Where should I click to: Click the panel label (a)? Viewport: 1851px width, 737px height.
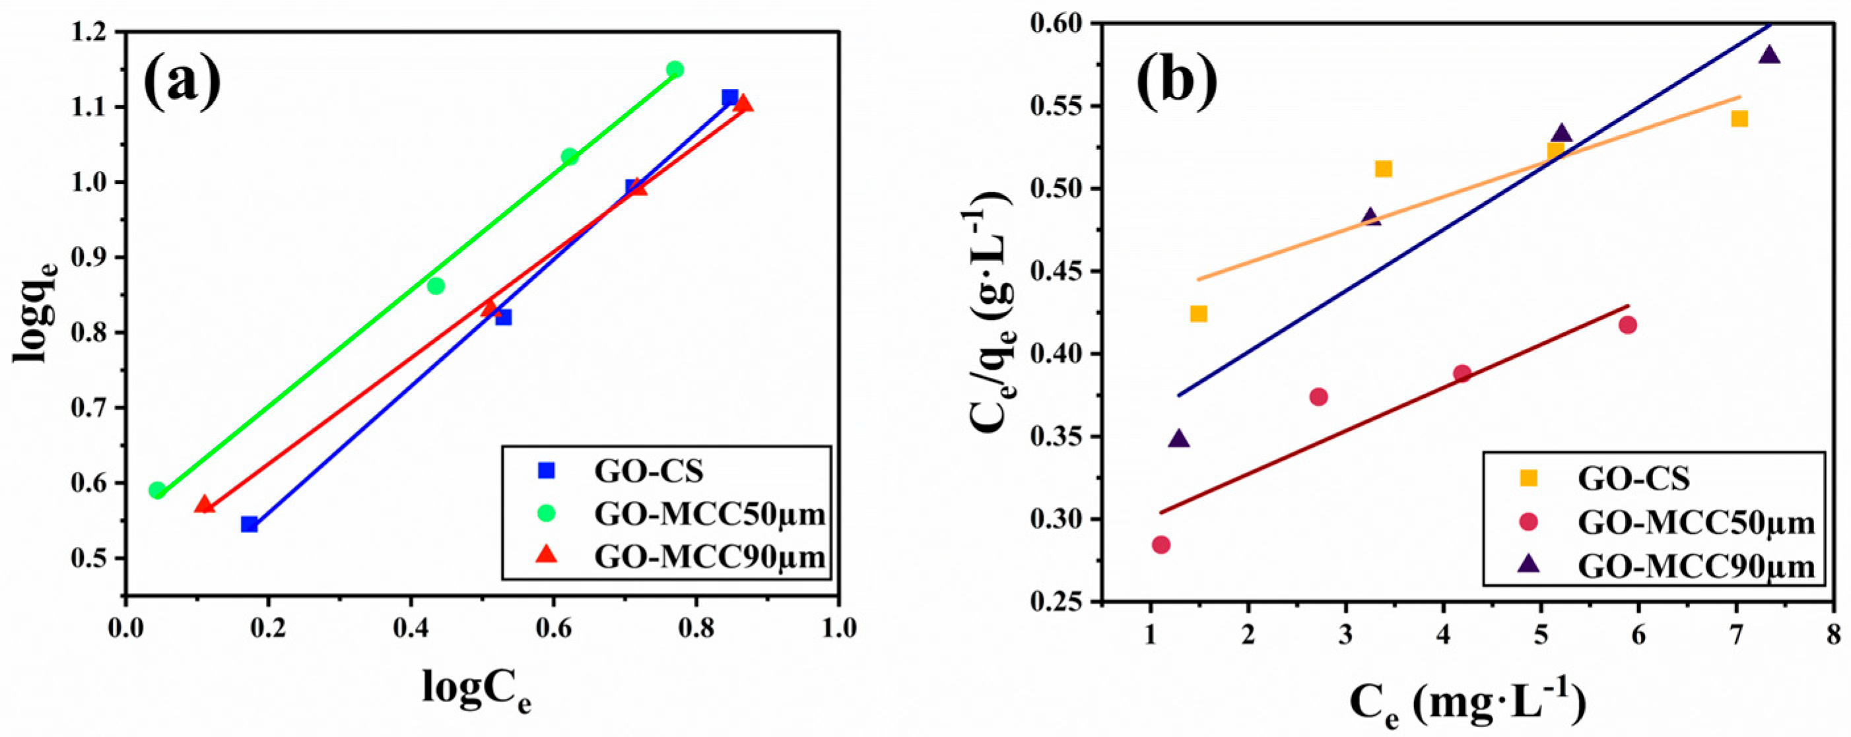[182, 84]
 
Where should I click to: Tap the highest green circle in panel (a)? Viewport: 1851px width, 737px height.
[675, 70]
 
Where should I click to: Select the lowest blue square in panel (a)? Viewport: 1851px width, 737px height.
[250, 525]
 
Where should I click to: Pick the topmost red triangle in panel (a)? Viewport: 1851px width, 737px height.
[744, 104]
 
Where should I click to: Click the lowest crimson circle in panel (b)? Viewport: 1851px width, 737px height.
[1161, 545]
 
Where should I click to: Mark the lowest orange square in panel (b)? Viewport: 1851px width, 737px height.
[1199, 314]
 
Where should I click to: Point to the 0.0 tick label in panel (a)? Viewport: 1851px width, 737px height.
[125, 628]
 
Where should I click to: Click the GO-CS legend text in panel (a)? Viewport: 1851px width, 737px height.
[649, 471]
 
